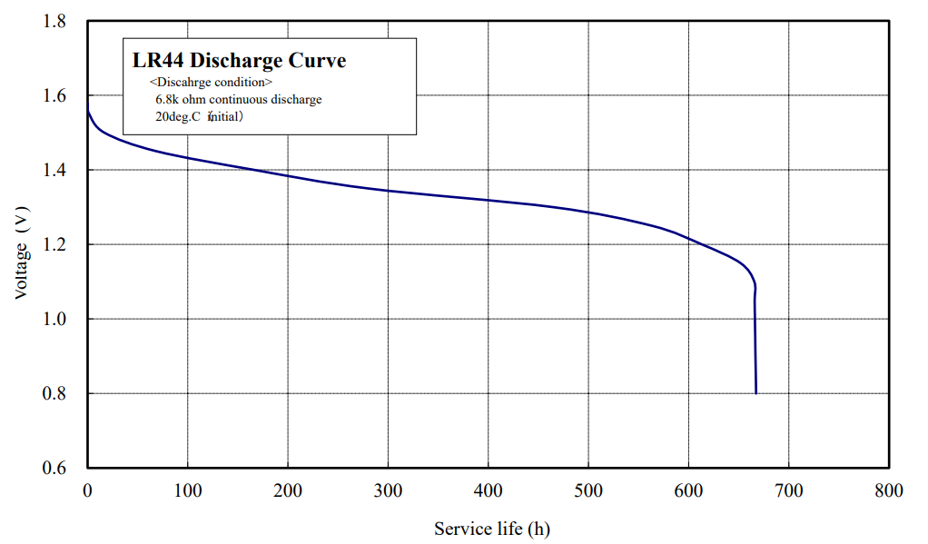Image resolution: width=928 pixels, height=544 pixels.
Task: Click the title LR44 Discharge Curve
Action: coord(239,61)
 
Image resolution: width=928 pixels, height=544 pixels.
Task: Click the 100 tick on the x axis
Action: coord(188,491)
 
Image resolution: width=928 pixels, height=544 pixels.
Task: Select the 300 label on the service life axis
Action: coord(389,491)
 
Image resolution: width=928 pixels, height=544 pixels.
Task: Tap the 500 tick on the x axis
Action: coord(588,491)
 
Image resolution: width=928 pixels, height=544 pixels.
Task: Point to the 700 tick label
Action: coord(789,491)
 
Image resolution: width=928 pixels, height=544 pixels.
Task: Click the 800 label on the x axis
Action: coord(889,491)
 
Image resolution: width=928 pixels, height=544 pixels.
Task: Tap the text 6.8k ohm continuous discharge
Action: coord(239,99)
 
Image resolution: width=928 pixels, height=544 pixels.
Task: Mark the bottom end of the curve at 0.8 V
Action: coord(755,392)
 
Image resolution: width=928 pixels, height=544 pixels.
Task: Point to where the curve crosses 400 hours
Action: coord(489,200)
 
